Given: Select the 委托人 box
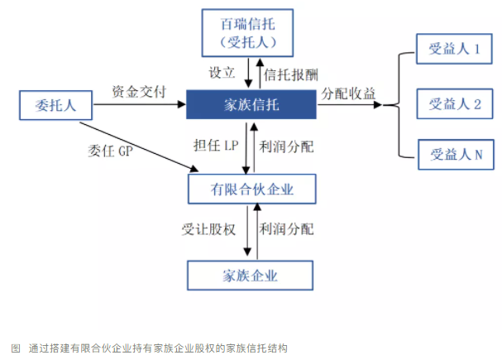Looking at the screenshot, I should click(x=53, y=106).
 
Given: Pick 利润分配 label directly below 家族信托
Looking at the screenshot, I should click(x=286, y=147).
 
